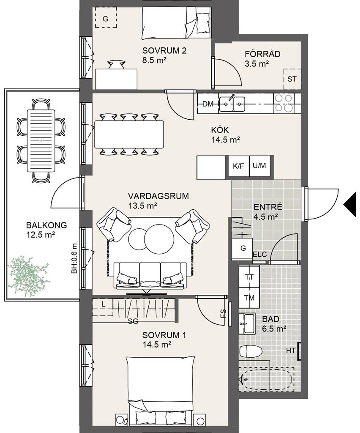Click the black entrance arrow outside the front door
click(350, 204)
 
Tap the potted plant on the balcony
click(28, 277)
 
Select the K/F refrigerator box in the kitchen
click(239, 166)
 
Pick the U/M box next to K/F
click(259, 166)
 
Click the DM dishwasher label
click(208, 104)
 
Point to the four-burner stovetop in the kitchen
click(284, 103)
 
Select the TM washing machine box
click(249, 298)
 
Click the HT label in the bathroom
click(291, 351)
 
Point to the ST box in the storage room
click(292, 79)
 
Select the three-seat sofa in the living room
click(150, 275)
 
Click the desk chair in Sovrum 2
click(117, 65)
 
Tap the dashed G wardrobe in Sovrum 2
click(106, 17)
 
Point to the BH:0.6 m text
click(74, 258)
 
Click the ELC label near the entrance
click(260, 254)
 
